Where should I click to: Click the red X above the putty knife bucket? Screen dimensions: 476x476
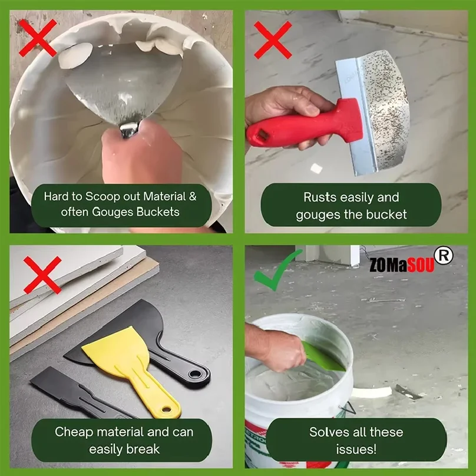pyautogui.click(x=38, y=38)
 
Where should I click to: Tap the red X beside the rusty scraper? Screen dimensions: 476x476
pyautogui.click(x=273, y=40)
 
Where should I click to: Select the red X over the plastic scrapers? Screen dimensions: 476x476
pyautogui.click(x=42, y=275)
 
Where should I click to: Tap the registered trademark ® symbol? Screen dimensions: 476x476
pyautogui.click(x=444, y=255)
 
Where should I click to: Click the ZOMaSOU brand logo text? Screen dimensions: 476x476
pyautogui.click(x=402, y=266)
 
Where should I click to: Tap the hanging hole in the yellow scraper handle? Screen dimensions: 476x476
pyautogui.click(x=166, y=409)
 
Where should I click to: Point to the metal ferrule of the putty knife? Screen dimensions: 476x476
pyautogui.click(x=130, y=128)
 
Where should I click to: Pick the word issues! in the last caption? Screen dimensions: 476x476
pyautogui.click(x=356, y=449)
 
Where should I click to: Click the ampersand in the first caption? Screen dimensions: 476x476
pyautogui.click(x=193, y=196)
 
